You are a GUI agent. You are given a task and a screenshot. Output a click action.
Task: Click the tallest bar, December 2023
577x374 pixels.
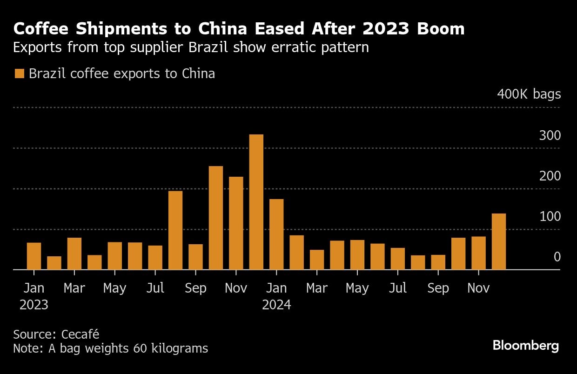pyautogui.click(x=256, y=202)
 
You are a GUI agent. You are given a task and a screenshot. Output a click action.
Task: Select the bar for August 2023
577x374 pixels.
pyautogui.click(x=175, y=230)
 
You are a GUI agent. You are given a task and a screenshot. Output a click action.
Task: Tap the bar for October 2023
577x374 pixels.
pyautogui.click(x=216, y=218)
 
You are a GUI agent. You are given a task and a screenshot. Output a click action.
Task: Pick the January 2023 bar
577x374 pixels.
pyautogui.click(x=34, y=256)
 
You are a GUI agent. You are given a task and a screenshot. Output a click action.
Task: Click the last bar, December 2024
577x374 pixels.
pyautogui.click(x=499, y=241)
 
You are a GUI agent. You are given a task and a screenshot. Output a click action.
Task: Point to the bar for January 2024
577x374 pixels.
pyautogui.click(x=276, y=234)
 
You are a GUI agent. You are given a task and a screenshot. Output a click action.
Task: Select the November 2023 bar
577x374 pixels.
pyautogui.click(x=236, y=223)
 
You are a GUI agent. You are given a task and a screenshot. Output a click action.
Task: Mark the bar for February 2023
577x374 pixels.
pyautogui.click(x=54, y=263)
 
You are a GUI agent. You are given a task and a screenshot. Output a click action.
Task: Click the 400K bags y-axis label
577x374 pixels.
pyautogui.click(x=529, y=94)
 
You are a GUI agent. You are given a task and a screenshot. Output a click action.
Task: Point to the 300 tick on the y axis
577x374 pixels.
pyautogui.click(x=550, y=136)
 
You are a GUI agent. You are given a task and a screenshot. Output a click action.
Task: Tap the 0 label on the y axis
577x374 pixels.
pyautogui.click(x=557, y=257)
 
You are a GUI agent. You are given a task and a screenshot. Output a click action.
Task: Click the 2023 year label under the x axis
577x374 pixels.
pyautogui.click(x=34, y=305)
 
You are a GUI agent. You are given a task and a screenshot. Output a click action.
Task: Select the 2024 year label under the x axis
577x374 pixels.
pyautogui.click(x=276, y=305)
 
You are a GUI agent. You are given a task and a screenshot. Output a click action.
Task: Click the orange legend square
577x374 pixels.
pyautogui.click(x=19, y=73)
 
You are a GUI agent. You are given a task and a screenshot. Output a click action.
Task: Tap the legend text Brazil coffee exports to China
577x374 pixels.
pyautogui.click(x=122, y=73)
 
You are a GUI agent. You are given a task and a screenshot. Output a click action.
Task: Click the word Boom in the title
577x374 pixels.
pyautogui.click(x=437, y=29)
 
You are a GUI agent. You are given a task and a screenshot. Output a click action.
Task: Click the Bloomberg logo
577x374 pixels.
pyautogui.click(x=526, y=346)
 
